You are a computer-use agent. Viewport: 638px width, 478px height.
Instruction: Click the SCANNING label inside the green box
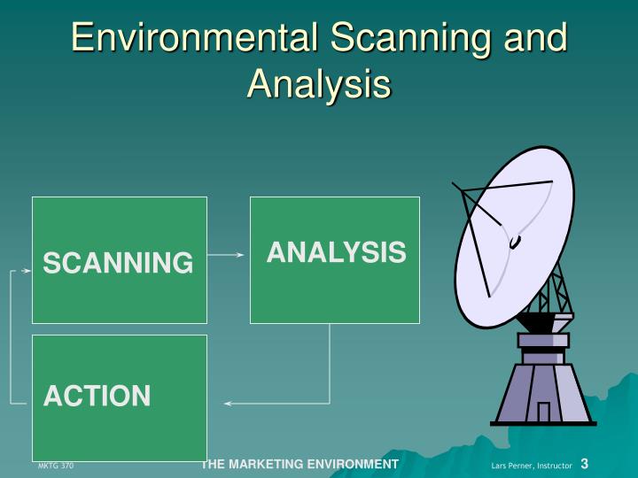(x=119, y=263)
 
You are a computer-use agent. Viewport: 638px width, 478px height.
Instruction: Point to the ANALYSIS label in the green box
(x=336, y=253)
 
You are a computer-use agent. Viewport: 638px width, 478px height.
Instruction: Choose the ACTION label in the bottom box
(x=97, y=396)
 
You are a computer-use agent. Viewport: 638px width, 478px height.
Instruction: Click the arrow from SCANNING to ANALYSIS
(x=228, y=255)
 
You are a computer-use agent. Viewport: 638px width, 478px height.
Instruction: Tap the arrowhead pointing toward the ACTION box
(x=229, y=404)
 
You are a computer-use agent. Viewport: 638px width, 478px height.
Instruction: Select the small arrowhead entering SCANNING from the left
(x=26, y=271)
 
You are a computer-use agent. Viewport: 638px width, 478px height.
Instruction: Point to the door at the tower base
(x=543, y=412)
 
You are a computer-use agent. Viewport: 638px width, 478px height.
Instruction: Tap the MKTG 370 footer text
(x=56, y=466)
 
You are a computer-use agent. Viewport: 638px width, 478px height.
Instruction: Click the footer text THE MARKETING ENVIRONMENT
(x=300, y=464)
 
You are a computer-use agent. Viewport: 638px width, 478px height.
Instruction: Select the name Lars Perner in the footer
(x=510, y=466)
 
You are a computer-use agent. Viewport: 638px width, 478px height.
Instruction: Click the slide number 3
(x=585, y=464)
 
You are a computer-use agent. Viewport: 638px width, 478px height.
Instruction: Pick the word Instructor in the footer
(x=553, y=466)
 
